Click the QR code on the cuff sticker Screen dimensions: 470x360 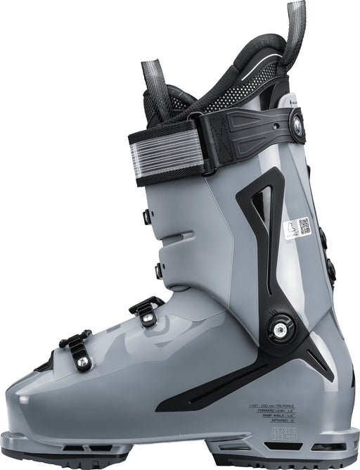[x=304, y=226]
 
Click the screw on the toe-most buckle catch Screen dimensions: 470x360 [x=82, y=362]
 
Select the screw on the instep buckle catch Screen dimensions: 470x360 [x=147, y=318]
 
